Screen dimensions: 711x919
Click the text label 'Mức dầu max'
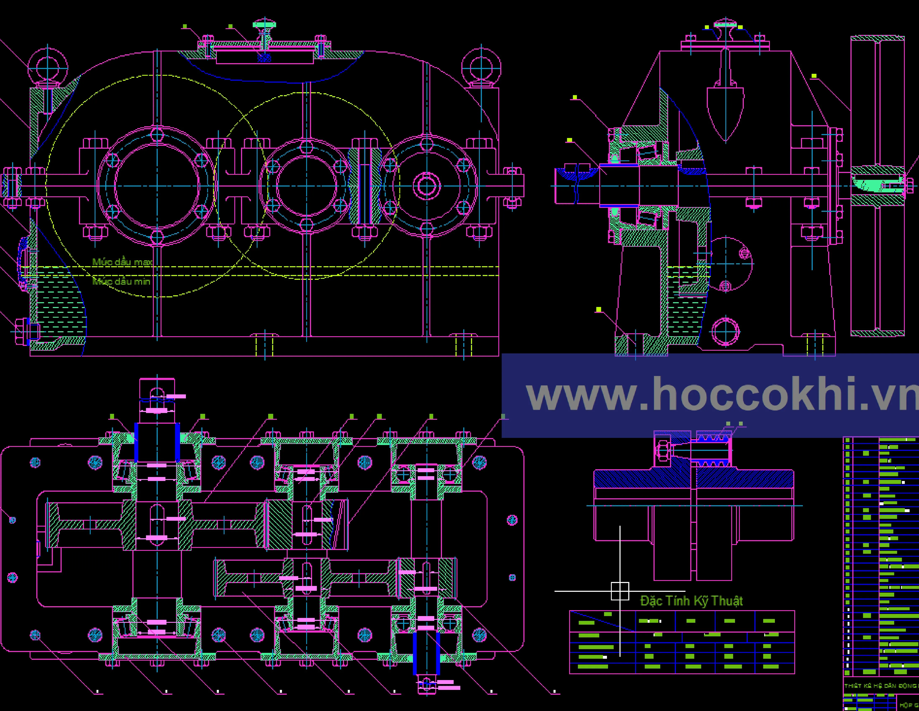tap(122, 262)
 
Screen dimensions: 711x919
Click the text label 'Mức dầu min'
tap(121, 281)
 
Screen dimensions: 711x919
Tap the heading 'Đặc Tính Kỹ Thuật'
tap(691, 601)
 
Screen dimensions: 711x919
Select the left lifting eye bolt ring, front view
tap(48, 67)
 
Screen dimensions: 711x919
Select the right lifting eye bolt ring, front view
tap(481, 67)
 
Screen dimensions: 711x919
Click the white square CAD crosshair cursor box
tap(620, 591)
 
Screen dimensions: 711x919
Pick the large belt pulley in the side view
tap(877, 185)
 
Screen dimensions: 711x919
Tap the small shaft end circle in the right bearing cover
tap(427, 186)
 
